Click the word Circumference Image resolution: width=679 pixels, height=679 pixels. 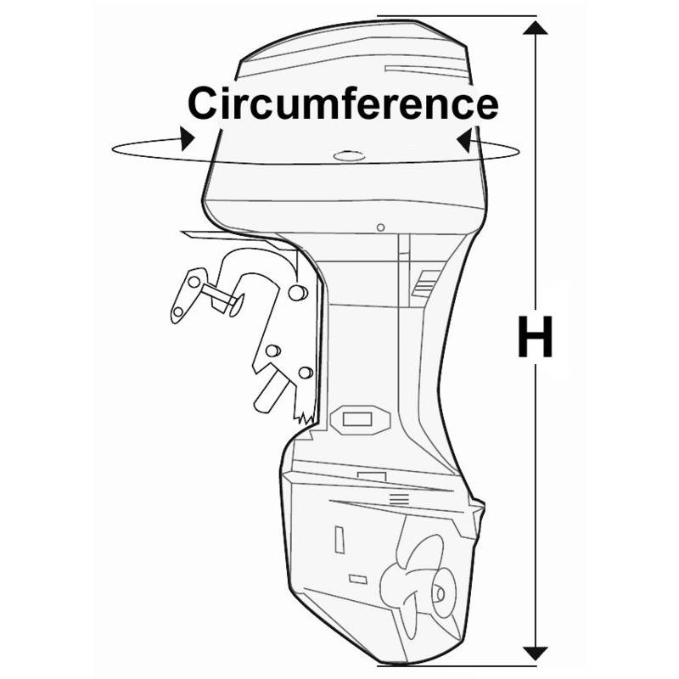tap(343, 103)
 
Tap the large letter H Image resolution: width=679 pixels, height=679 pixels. tap(536, 336)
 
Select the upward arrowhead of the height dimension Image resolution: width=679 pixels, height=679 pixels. tap(536, 28)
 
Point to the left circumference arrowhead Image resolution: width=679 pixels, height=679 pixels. tap(187, 138)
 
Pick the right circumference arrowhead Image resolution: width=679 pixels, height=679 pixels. tap(464, 139)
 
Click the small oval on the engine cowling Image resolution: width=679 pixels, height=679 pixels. tap(349, 156)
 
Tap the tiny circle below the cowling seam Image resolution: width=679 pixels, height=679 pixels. tap(380, 227)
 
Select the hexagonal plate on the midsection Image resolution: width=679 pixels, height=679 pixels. tap(360, 419)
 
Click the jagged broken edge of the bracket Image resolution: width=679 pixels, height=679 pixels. tap(305, 416)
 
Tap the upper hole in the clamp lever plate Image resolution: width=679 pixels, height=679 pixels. tap(194, 282)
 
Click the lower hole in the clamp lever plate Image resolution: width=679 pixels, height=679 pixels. tap(177, 311)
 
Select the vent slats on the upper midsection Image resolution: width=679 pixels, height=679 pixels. tap(425, 283)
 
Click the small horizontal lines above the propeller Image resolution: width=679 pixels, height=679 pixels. tap(399, 499)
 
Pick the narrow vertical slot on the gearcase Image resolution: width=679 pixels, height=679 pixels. tap(339, 539)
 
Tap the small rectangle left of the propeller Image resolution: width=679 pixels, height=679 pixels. tap(358, 579)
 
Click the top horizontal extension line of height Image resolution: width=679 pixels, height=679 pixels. tap(457, 16)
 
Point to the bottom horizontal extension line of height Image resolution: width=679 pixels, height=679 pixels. tap(457, 665)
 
